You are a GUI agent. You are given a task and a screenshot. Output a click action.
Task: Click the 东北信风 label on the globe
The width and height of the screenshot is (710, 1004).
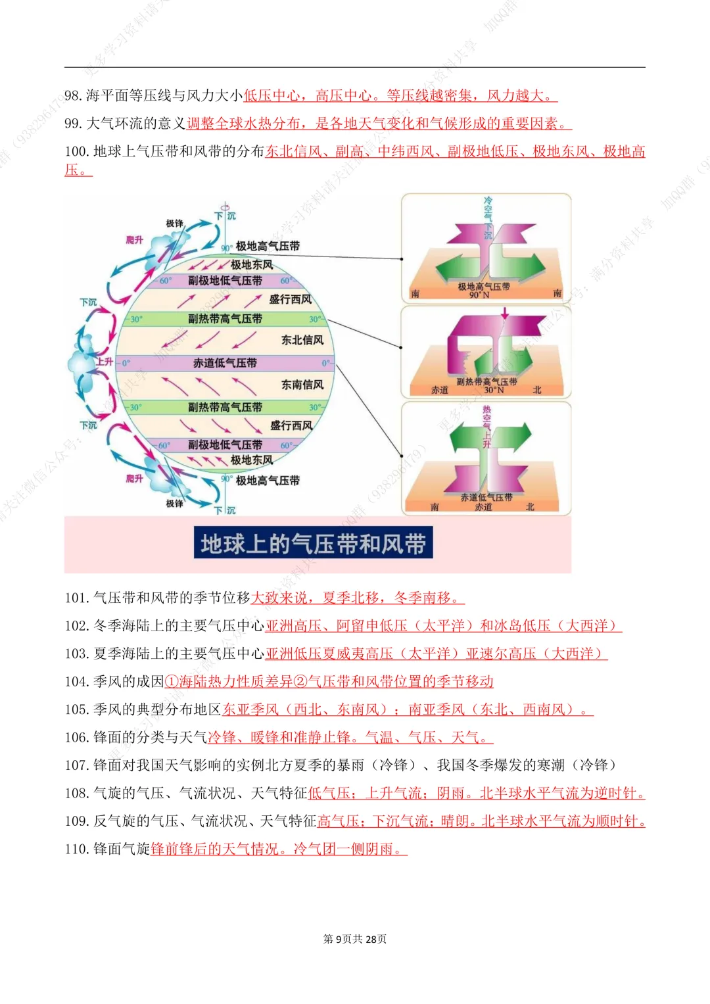(x=302, y=340)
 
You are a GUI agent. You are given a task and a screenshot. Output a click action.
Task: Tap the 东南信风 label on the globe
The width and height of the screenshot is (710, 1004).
(x=302, y=385)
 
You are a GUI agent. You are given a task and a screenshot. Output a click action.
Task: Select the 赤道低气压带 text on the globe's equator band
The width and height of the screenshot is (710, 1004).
(x=225, y=363)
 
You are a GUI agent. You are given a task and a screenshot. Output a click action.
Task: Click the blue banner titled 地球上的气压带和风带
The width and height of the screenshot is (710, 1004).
(x=313, y=543)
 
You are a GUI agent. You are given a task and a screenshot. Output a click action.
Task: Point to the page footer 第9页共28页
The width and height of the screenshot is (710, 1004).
(x=355, y=939)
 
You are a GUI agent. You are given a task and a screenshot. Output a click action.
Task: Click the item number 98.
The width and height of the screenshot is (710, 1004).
(x=73, y=96)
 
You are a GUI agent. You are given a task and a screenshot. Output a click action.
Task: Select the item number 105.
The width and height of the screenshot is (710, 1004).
(x=76, y=709)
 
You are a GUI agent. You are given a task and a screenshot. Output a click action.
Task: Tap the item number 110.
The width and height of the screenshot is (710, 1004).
(x=76, y=849)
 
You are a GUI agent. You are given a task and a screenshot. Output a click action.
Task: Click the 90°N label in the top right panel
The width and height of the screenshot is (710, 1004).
(x=479, y=295)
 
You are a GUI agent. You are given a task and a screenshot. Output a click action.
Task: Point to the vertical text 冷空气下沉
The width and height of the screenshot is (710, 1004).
(x=488, y=218)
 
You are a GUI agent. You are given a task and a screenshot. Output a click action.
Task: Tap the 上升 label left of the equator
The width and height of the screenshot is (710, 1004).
(x=105, y=362)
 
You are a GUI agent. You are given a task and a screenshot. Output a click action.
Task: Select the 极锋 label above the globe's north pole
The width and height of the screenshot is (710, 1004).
(x=174, y=224)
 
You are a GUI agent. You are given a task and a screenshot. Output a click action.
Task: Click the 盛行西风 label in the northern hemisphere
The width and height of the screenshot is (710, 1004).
(x=290, y=300)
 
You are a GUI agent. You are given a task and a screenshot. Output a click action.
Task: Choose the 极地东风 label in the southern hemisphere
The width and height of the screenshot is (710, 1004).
(x=251, y=460)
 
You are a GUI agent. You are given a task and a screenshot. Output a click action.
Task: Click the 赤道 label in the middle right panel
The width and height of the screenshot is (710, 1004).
(x=440, y=390)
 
